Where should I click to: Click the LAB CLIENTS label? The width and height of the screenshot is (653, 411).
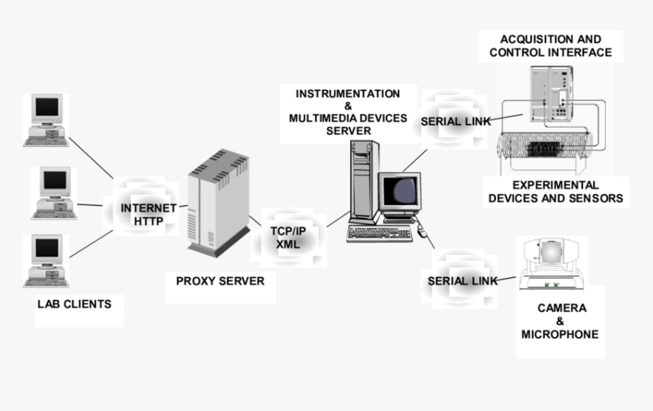(74, 304)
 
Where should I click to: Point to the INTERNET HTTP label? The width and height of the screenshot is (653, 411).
(149, 214)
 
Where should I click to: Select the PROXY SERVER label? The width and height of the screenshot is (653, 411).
(220, 281)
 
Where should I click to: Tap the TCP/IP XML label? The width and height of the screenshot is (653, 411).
(289, 236)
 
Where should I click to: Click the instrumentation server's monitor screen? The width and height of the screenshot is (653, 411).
(401, 190)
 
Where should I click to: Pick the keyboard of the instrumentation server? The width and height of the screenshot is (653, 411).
(379, 233)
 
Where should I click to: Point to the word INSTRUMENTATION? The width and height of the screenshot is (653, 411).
(348, 94)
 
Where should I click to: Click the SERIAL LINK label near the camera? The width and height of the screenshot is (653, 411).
(462, 281)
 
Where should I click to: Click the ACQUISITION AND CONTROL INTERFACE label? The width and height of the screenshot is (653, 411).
(550, 46)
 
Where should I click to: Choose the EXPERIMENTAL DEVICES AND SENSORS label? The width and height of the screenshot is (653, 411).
(556, 191)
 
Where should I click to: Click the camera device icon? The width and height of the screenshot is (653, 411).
(551, 262)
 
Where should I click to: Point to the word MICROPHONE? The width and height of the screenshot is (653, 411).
(560, 334)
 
